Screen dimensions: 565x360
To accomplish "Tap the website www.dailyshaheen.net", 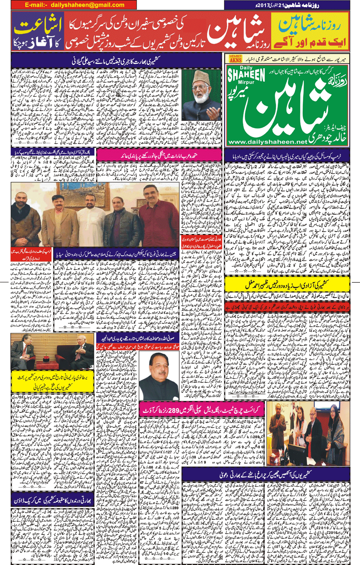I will pos(267,142).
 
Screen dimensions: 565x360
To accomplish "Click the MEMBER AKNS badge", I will pos(235,59).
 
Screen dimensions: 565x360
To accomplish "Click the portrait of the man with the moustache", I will pos(159,371).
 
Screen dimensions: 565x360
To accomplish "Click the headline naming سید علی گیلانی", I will pos(116,60).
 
